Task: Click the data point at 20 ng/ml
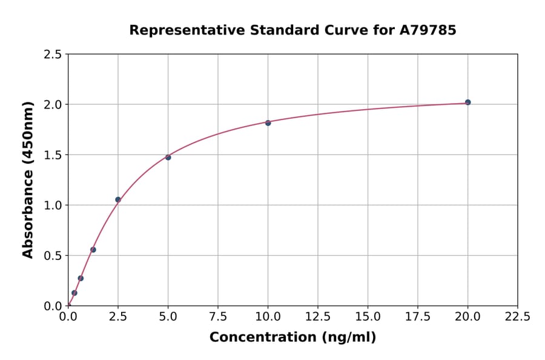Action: point(467,102)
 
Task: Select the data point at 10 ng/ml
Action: point(268,122)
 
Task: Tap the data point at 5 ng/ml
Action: point(168,158)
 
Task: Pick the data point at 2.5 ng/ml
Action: point(118,199)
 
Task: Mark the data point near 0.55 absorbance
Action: point(93,250)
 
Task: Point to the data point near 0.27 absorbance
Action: point(81,278)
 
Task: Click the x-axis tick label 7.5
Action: point(218,317)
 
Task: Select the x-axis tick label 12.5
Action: point(318,317)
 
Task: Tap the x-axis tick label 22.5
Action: point(518,317)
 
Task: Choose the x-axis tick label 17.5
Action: point(418,317)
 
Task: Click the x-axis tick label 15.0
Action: point(368,317)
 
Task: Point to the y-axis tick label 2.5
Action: point(53,55)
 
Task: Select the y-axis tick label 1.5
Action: point(53,155)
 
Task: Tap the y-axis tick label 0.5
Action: point(53,256)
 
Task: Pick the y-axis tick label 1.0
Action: point(53,205)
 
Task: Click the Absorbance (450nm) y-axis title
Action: point(28,180)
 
